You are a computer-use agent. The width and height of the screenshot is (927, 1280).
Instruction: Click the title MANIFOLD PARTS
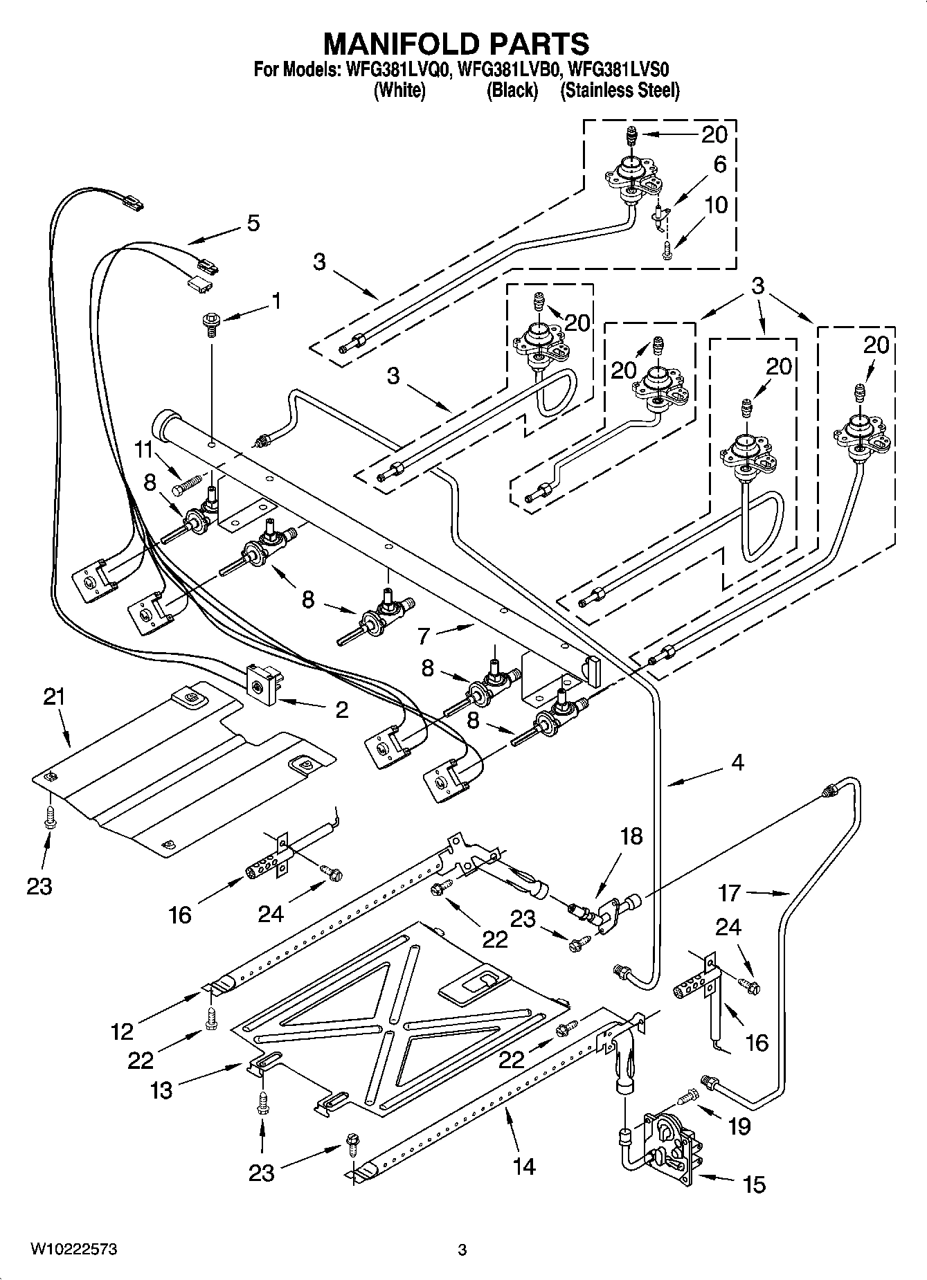pyautogui.click(x=456, y=44)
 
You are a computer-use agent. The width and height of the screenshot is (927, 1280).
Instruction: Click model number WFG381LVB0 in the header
pyautogui.click(x=512, y=69)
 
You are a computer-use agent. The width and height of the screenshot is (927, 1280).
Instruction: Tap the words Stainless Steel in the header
pyautogui.click(x=620, y=91)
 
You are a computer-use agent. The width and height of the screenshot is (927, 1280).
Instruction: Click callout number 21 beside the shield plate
pyautogui.click(x=53, y=697)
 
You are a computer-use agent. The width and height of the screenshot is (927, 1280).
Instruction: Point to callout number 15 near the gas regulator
pyautogui.click(x=754, y=1184)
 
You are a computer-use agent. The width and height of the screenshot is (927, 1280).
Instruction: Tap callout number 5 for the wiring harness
pyautogui.click(x=253, y=224)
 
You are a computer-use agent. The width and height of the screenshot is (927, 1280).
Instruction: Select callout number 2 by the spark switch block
pyautogui.click(x=341, y=710)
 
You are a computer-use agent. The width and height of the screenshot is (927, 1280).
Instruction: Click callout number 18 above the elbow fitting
pyautogui.click(x=631, y=836)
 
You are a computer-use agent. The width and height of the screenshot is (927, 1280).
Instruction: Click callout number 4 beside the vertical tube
pyautogui.click(x=737, y=763)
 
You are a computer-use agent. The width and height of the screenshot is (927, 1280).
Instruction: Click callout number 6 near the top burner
pyautogui.click(x=719, y=165)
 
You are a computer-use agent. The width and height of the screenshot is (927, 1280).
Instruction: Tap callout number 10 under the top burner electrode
pyautogui.click(x=717, y=206)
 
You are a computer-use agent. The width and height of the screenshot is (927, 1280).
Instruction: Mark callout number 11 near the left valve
pyautogui.click(x=143, y=449)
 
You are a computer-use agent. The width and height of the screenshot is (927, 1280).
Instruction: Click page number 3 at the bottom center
pyautogui.click(x=462, y=1250)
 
